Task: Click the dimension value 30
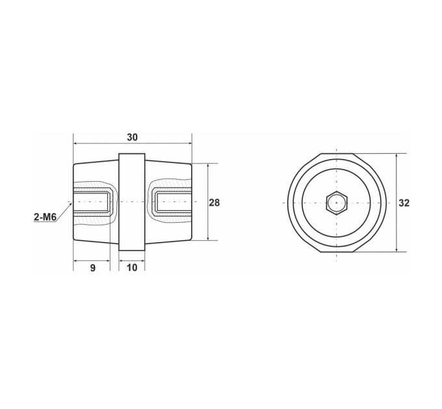[132, 138]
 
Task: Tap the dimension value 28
[214, 203]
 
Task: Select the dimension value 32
[404, 203]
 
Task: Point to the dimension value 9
[93, 267]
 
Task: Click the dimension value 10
[132, 267]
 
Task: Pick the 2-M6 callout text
[45, 217]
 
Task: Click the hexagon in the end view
[337, 203]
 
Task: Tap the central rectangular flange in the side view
[132, 202]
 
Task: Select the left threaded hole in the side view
[91, 202]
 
